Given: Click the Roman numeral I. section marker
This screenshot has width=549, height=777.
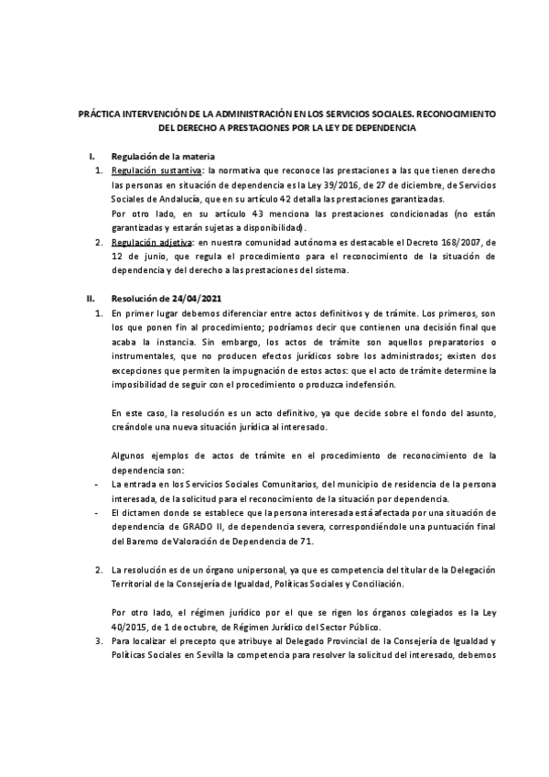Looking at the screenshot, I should pos(90,157).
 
